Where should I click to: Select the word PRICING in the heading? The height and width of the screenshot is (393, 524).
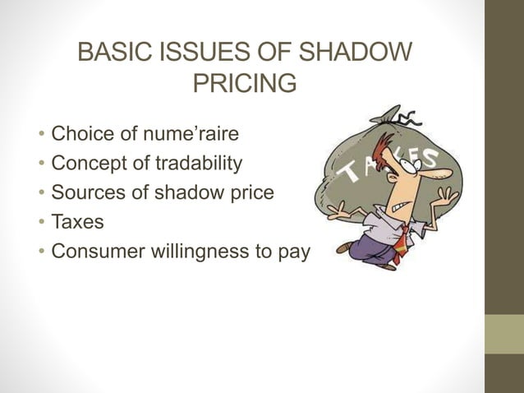[244, 85]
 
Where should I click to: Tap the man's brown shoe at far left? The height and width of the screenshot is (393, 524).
[344, 247]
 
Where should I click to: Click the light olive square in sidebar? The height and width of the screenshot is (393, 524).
[503, 333]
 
